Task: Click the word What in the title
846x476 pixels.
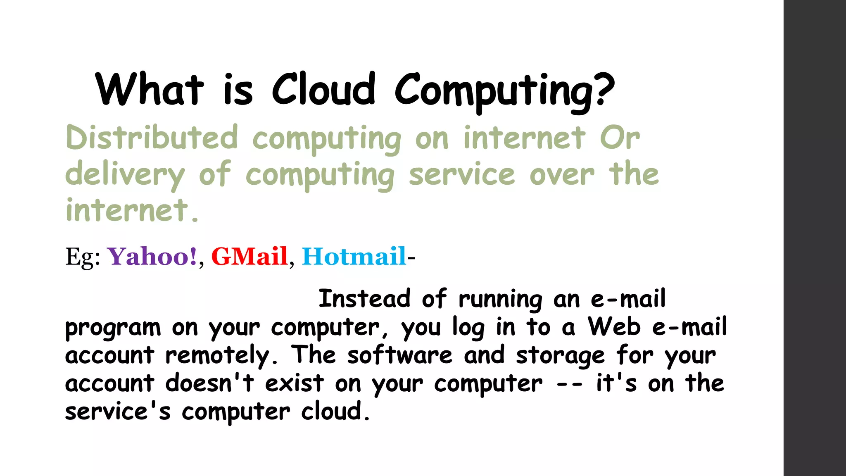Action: coord(150,89)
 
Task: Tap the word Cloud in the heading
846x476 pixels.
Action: coord(323,89)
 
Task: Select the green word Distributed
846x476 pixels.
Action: coord(152,138)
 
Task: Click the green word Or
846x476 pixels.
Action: coord(620,138)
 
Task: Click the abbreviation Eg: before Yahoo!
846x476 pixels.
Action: coord(83,257)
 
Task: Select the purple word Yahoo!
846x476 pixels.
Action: coord(152,256)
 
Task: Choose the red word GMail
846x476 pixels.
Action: coord(249,256)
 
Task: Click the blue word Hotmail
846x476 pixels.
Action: coord(354,256)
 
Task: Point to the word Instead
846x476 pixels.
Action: coord(364,299)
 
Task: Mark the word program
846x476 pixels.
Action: coord(113,328)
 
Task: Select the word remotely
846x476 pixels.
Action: coord(221,355)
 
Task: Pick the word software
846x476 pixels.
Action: coord(400,355)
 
